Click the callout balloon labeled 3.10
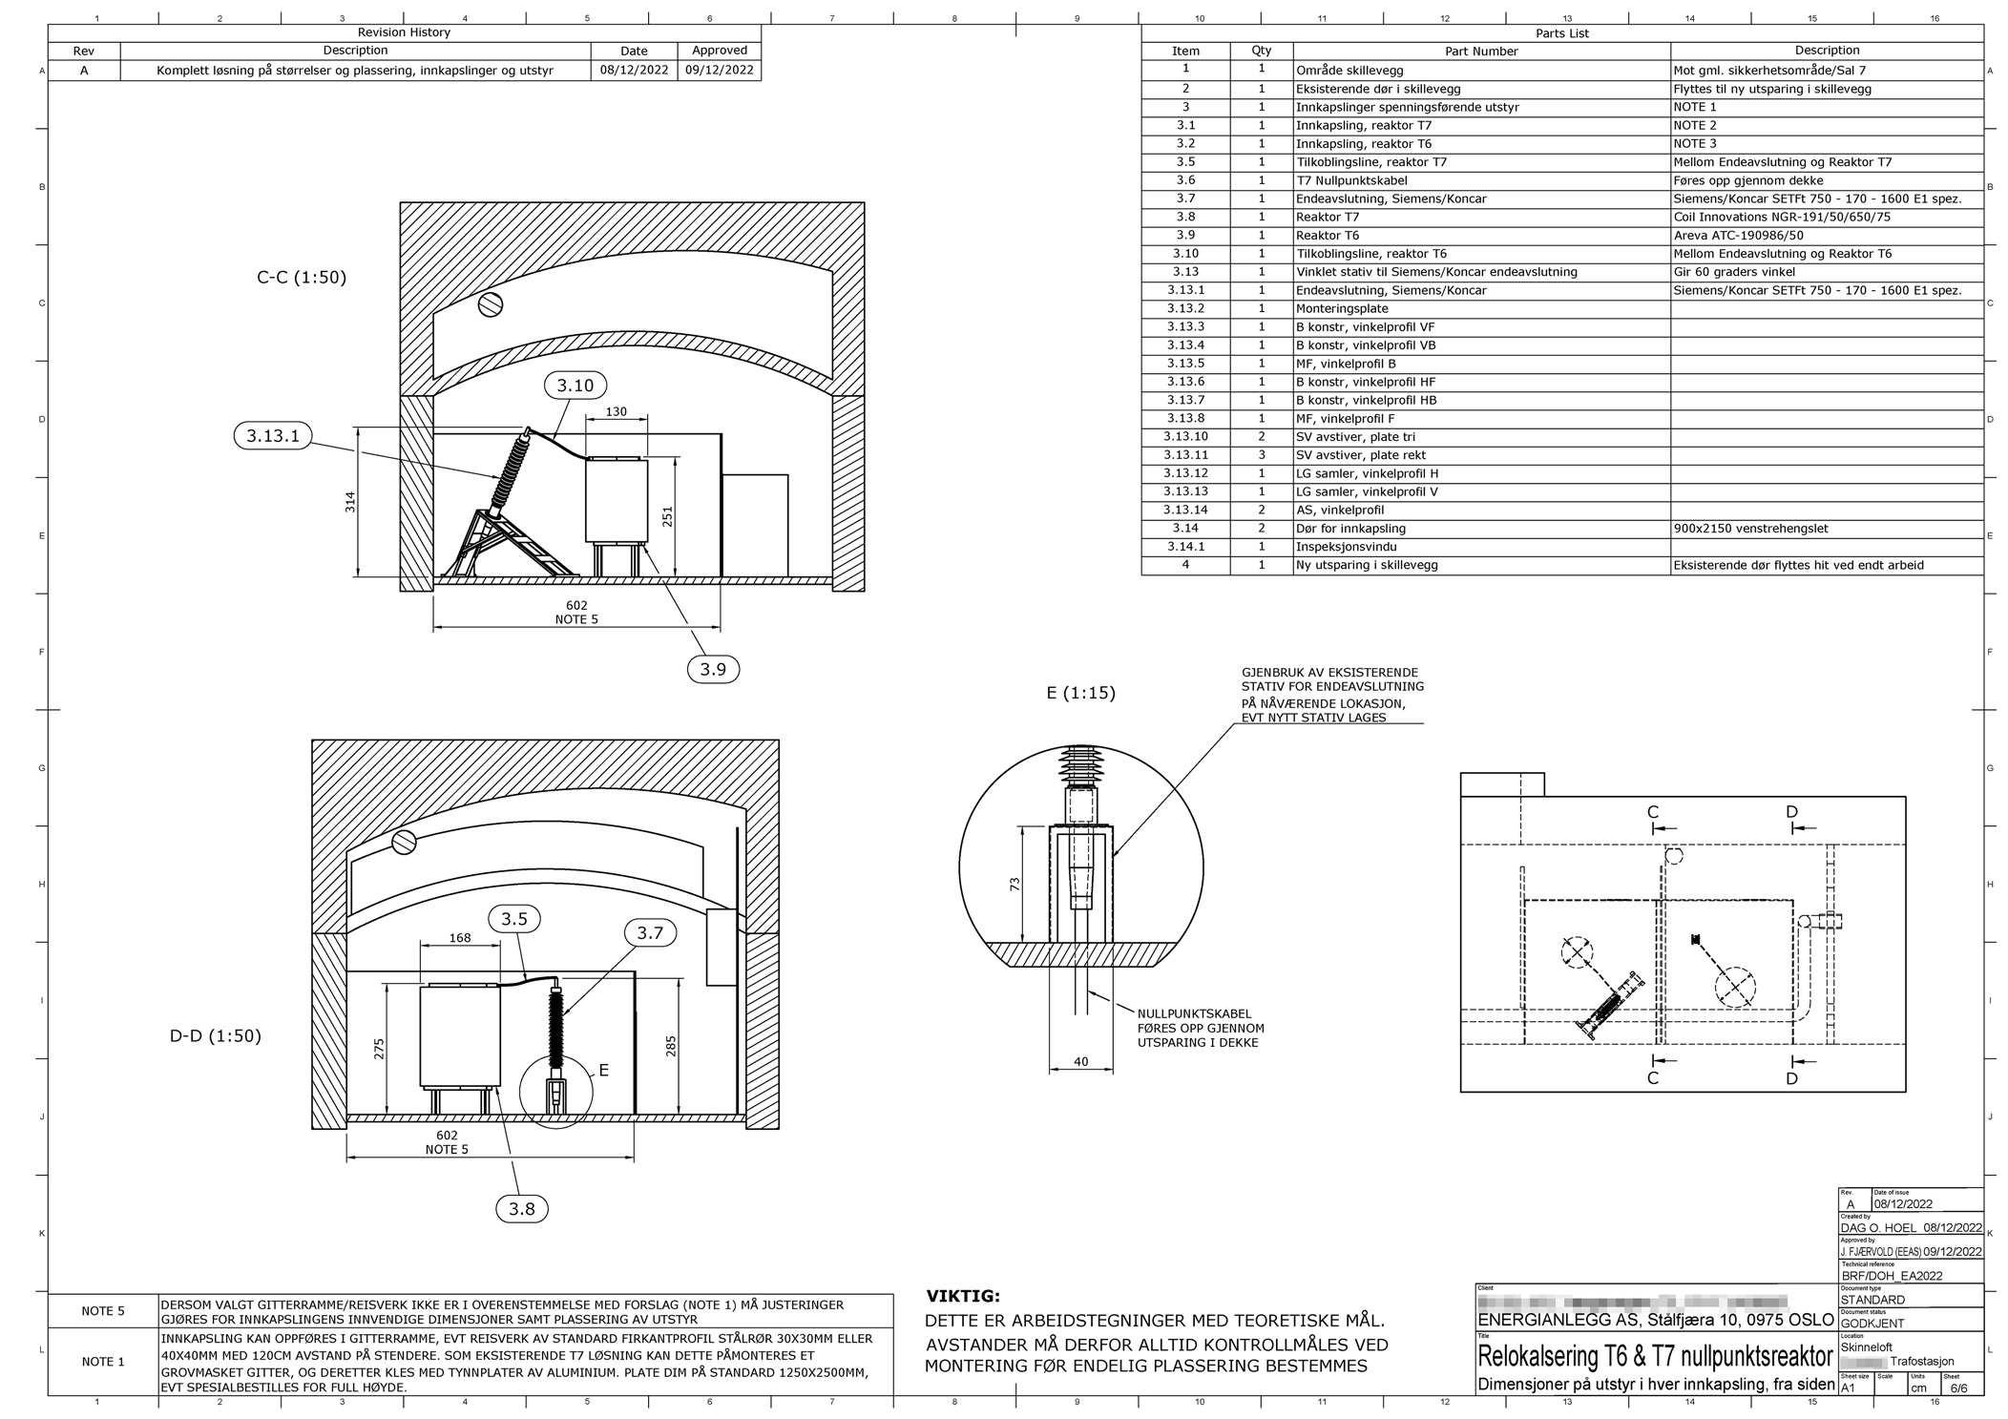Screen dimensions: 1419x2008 pos(575,386)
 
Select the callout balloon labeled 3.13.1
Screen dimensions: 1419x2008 pos(273,436)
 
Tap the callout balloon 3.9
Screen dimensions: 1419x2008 pos(713,669)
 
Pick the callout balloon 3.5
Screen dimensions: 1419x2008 pos(514,919)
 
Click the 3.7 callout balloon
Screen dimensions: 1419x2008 pos(650,932)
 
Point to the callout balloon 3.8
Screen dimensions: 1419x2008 pos(522,1209)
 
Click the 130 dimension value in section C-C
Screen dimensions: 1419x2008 pos(617,411)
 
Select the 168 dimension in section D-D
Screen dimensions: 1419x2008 pos(460,938)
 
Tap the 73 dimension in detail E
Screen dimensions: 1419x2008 pos(1015,885)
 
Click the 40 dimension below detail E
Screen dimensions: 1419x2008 pos(1080,1061)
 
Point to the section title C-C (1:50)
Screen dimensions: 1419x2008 pos(302,278)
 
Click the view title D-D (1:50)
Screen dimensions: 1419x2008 pos(216,1035)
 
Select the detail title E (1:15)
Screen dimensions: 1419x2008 pos(1080,693)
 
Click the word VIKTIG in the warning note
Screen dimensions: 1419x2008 pos(963,1296)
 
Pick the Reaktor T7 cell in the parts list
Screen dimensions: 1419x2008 pos(1328,217)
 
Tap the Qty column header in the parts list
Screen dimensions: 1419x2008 pos(1261,51)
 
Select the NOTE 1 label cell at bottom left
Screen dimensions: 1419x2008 pos(103,1361)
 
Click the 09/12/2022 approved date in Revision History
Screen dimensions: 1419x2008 pos(719,70)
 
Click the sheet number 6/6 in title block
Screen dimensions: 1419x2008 pos(1958,1388)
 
